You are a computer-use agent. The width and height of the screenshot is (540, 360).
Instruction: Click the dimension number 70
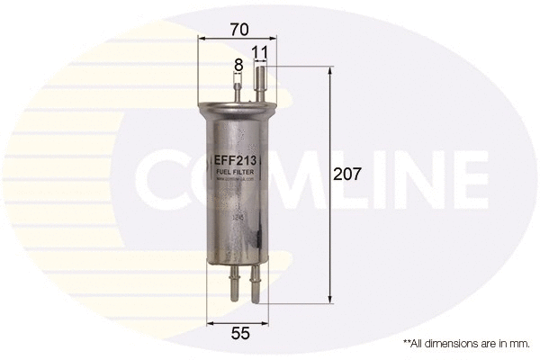(238, 29)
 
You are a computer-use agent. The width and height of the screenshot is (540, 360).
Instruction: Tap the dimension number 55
(238, 334)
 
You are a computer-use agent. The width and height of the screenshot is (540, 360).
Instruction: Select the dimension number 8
(238, 65)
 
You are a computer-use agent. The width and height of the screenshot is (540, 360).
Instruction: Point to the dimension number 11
(260, 53)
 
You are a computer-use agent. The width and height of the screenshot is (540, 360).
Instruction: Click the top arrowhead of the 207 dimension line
(331, 71)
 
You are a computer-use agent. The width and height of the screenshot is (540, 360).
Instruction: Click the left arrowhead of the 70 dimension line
(202, 40)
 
